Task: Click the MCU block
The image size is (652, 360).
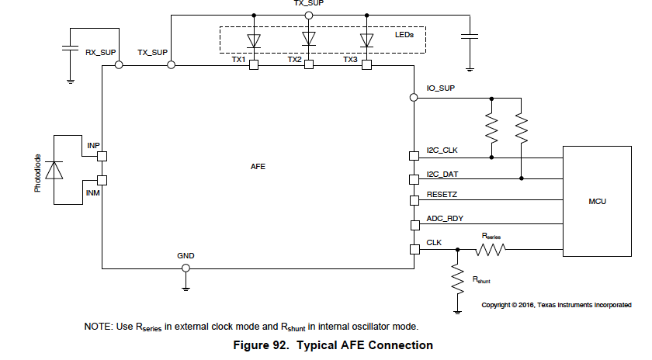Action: pos(597,201)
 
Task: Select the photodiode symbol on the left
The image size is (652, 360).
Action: pos(54,170)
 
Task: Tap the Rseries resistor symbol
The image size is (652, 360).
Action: pos(491,249)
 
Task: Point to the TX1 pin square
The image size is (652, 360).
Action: pos(253,66)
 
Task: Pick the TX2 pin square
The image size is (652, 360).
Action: pos(309,66)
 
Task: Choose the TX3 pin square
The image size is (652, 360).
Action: pos(366,66)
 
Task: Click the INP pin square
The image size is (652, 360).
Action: pos(102,156)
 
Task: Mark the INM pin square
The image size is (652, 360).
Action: pos(102,181)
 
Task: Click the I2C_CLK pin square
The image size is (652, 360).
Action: pos(414,157)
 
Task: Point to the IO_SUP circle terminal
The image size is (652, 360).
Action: pos(414,98)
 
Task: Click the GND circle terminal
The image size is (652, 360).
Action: pos(186,268)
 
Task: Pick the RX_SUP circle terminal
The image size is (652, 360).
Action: pos(119,66)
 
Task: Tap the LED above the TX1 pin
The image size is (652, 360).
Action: pos(253,39)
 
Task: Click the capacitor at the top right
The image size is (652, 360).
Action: pos(469,36)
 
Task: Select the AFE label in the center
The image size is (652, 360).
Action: pos(258,167)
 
